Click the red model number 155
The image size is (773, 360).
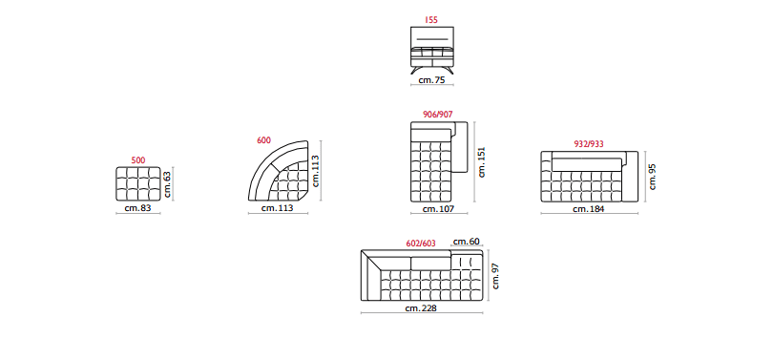pos(431,20)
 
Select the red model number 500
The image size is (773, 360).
pos(138,160)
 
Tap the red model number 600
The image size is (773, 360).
pos(263,140)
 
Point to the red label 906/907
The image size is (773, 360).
pos(438,115)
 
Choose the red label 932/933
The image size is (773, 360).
pos(589,144)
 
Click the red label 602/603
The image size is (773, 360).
pos(421,244)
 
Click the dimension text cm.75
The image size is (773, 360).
pos(432,80)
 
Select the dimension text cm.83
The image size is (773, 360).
pos(137,208)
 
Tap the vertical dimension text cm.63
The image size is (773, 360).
pos(168,184)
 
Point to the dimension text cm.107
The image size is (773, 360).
pos(438,209)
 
